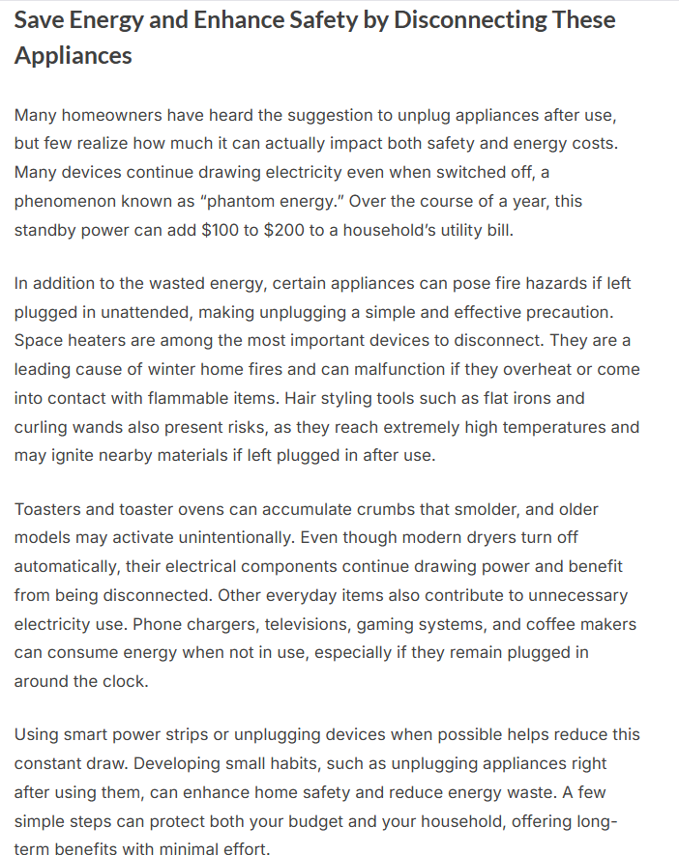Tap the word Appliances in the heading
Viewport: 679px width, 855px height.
pyautogui.click(x=74, y=55)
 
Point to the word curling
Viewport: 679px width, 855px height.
pyautogui.click(x=41, y=427)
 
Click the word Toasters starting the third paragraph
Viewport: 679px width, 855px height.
pyautogui.click(x=49, y=509)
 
